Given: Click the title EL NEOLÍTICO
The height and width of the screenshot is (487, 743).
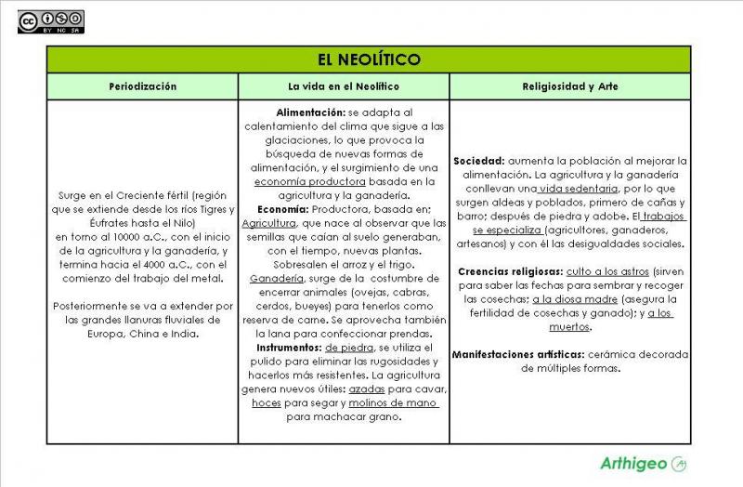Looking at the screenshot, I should [369, 59].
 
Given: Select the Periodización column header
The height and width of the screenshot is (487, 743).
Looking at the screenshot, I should [142, 86].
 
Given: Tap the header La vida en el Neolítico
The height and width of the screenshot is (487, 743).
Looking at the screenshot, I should [343, 86].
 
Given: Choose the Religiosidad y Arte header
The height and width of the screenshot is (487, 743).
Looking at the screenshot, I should [570, 86].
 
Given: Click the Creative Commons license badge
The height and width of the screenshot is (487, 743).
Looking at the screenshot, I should [50, 21].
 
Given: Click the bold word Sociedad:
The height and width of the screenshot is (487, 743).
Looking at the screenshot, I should [479, 161].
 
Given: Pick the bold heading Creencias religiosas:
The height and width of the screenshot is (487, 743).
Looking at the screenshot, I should [509, 271].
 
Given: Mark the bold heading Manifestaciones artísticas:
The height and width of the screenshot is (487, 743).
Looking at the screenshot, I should [518, 354].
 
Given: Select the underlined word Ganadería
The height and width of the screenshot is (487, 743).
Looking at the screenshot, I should [277, 278].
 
